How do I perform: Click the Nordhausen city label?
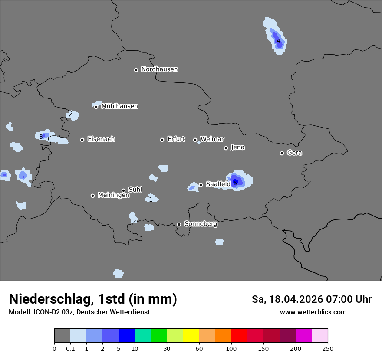point(159,69)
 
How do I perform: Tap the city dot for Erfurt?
point(162,140)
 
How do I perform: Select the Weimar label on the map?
point(212,139)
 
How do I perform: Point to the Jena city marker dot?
point(226,148)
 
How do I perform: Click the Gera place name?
point(294,153)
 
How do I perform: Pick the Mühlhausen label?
point(119,106)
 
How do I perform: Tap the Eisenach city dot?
point(82,140)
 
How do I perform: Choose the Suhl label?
point(135,190)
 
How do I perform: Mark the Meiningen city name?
point(113,195)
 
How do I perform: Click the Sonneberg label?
point(201,224)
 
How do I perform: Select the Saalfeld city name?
point(218,184)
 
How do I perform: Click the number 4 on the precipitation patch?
point(278,41)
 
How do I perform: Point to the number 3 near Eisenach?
point(41,137)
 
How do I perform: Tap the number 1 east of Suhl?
point(151,200)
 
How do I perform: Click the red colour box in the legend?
point(239,336)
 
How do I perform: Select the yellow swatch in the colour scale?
point(191,336)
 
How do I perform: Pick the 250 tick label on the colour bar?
point(328,348)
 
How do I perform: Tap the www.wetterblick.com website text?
point(313,312)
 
